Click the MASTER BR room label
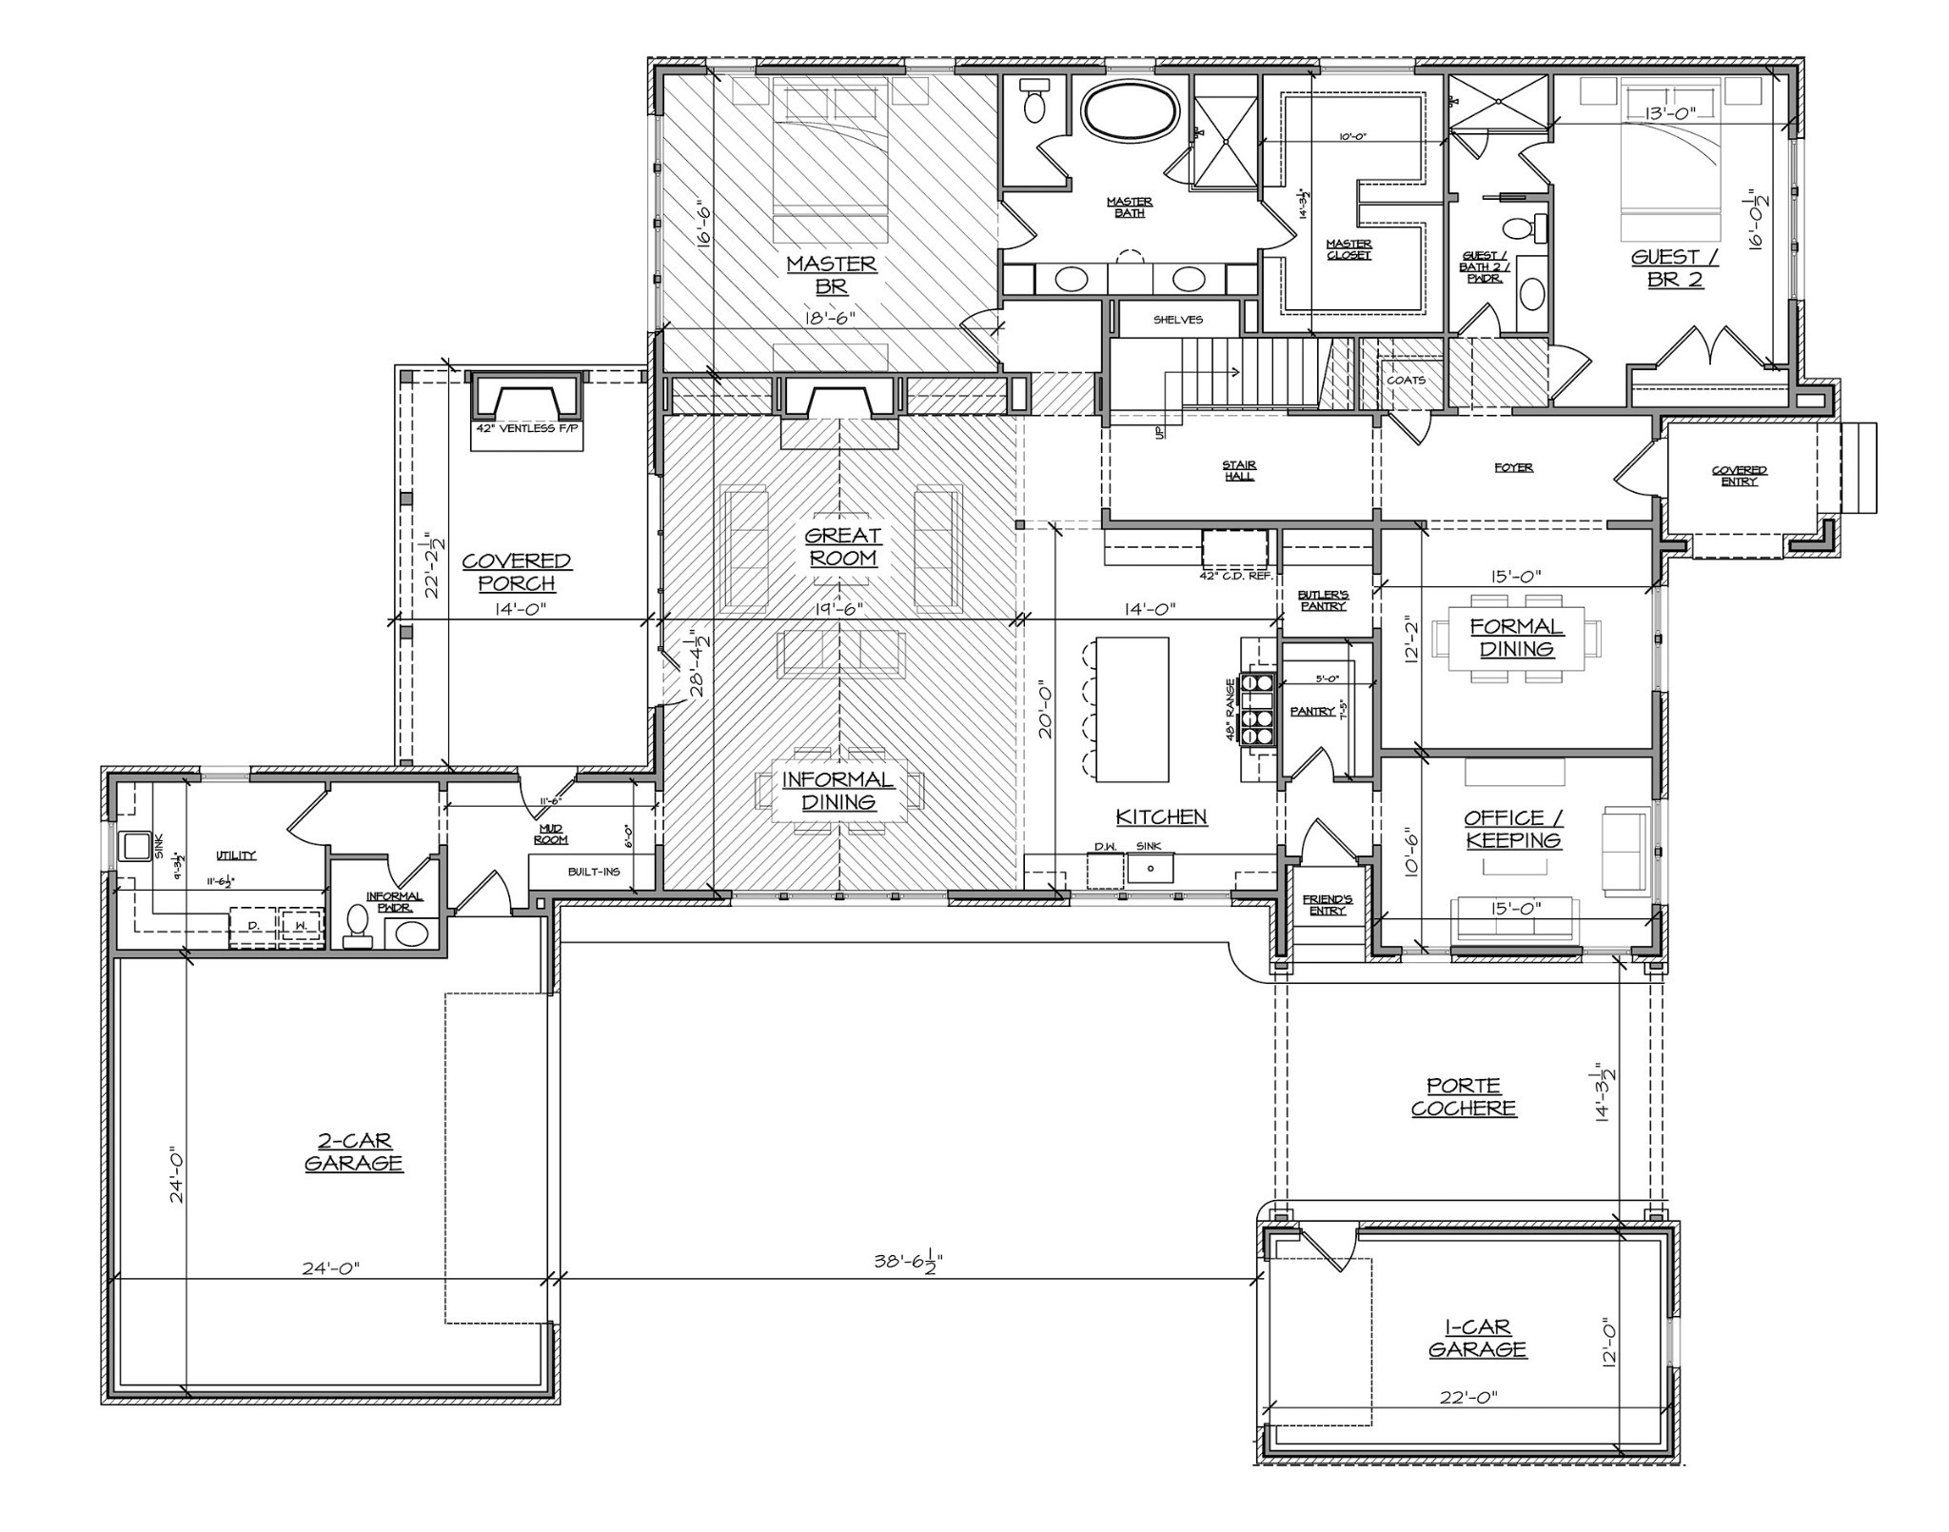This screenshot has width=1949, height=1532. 831,274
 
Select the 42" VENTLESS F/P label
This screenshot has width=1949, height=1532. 528,429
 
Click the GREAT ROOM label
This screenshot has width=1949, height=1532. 842,547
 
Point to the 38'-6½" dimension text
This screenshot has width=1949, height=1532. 908,1263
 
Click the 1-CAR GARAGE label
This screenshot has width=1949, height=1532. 1477,1338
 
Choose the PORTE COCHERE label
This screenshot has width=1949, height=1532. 1463,1096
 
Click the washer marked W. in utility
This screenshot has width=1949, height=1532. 301,925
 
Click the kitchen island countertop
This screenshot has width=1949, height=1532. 1132,709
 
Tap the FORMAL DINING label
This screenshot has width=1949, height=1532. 1516,638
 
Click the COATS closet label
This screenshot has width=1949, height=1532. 1406,380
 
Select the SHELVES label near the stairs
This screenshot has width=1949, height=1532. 1177,320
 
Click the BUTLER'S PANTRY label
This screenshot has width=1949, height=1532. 1323,599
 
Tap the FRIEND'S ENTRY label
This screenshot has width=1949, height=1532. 1327,904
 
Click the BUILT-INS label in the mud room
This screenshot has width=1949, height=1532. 594,872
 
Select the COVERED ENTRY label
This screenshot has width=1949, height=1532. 1739,475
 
